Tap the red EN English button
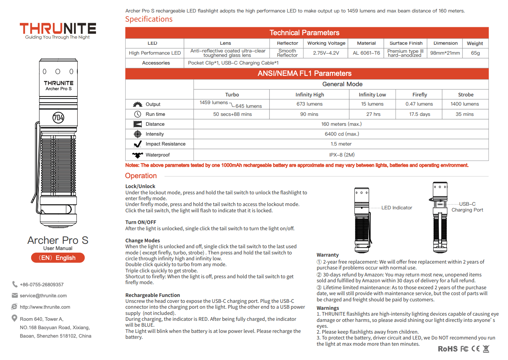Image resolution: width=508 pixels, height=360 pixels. [58, 258]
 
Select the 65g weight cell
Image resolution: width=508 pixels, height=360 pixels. [475, 53]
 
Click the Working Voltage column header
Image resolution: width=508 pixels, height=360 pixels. [326, 43]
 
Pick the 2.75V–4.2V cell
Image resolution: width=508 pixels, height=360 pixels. [326, 53]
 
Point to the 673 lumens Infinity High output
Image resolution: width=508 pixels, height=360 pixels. [309, 104]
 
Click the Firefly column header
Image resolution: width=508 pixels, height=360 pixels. [419, 95]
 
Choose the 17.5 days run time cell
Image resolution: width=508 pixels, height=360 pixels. [419, 114]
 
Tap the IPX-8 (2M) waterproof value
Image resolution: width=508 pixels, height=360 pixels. [342, 155]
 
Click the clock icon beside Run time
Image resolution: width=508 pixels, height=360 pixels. [137, 114]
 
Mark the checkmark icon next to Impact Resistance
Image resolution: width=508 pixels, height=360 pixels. [138, 144]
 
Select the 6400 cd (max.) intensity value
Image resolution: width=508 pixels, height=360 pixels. [342, 134]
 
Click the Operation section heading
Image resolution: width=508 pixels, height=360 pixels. [141, 176]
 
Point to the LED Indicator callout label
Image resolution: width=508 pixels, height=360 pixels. [397, 208]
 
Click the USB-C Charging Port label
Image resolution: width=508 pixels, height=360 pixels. [467, 207]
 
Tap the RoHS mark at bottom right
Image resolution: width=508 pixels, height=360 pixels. [448, 349]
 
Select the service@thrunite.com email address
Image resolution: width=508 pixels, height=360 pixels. [43, 296]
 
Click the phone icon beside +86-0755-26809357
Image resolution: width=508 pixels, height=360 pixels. [15, 284]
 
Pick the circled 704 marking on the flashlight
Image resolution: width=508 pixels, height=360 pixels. [58, 118]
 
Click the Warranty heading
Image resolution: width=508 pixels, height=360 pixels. [328, 255]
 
